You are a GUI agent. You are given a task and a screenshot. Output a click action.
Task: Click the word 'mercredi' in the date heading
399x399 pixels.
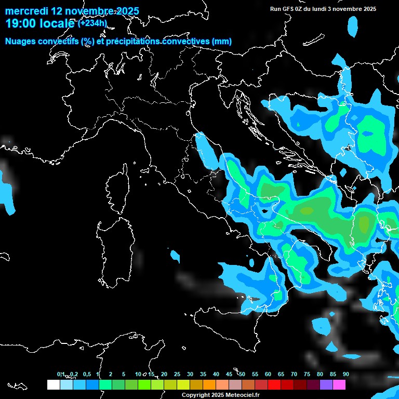point(25,11)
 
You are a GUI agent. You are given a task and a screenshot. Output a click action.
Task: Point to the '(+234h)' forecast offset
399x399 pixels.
point(92,23)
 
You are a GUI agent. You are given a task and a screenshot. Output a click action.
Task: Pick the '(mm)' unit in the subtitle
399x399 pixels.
point(221,41)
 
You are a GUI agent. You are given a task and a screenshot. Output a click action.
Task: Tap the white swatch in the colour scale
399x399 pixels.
point(53,384)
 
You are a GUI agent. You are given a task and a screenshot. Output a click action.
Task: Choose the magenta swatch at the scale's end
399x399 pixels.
point(339,384)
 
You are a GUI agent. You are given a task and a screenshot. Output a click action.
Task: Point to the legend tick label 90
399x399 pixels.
point(345,375)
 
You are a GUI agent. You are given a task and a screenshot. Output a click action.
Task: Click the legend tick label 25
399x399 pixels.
point(177,375)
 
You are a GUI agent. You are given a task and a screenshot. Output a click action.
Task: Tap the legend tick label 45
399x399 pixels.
point(229,375)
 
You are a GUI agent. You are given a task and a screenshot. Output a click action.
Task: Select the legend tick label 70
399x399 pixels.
point(294,375)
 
